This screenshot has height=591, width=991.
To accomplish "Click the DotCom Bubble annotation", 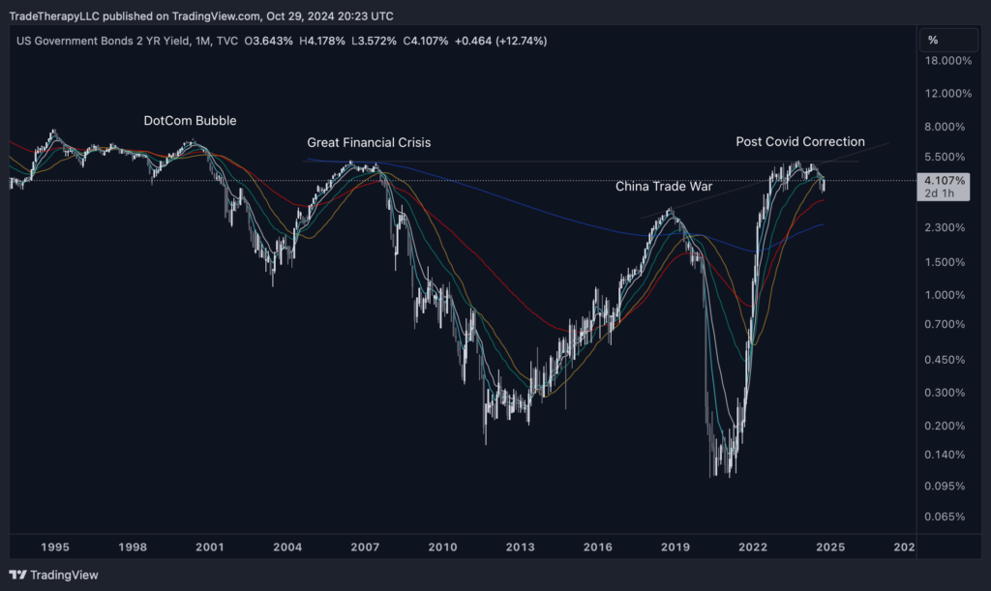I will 190,121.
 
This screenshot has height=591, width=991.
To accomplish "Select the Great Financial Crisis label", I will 369,142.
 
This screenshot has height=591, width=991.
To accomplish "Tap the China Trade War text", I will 663,186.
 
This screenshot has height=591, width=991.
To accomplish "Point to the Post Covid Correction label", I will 800,141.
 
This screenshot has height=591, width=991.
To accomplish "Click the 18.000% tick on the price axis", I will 948,61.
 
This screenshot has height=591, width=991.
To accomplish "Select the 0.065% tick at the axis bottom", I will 948,517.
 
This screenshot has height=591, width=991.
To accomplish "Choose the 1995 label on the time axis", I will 54,547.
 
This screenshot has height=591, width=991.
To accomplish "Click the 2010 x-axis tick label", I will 442,547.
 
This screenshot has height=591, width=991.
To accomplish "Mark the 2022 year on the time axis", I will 753,547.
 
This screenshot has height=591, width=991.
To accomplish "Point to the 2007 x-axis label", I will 365,547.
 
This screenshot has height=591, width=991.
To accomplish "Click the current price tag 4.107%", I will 946,181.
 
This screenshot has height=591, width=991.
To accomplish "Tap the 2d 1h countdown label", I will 940,193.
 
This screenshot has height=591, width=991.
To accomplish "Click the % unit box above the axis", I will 933,40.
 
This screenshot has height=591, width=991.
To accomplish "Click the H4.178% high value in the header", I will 321,41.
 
